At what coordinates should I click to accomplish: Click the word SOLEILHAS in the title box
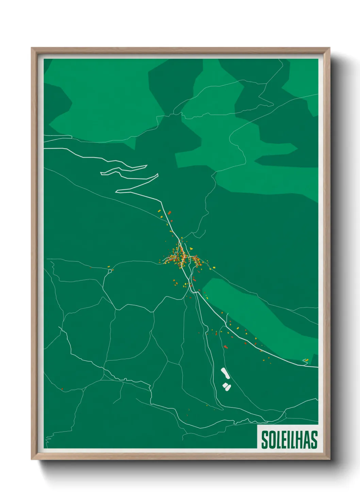(x=289, y=440)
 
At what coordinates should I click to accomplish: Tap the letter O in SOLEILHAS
(x=271, y=440)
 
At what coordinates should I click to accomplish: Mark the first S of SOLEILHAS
(x=264, y=440)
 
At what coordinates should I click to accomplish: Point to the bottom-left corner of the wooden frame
(x=32, y=459)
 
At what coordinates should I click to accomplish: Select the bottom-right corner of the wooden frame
(x=329, y=459)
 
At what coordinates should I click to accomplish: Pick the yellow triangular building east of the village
(x=191, y=249)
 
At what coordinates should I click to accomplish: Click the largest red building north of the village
(x=169, y=213)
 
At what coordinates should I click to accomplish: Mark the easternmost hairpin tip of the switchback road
(x=158, y=174)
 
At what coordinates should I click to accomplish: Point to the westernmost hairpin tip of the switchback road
(x=101, y=174)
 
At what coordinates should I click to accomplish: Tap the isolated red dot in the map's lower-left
(x=62, y=389)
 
